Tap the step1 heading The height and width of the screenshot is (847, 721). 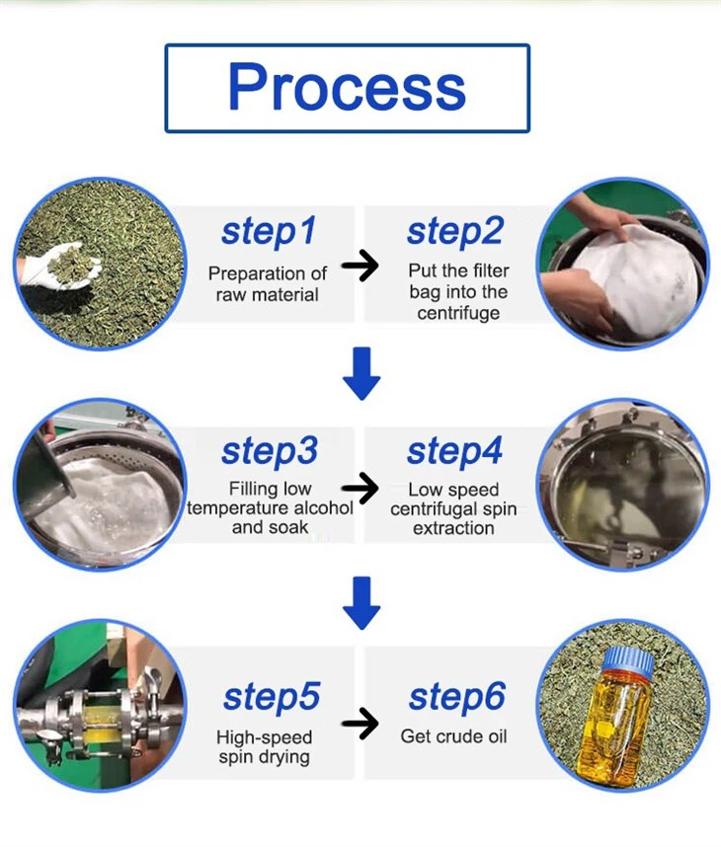click(x=269, y=232)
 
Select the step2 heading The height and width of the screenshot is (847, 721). click(x=454, y=232)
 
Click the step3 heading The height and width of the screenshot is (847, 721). click(x=269, y=451)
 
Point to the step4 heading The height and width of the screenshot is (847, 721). click(x=454, y=451)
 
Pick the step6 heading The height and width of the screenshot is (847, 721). click(x=456, y=696)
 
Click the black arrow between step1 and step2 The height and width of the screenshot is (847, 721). click(x=361, y=266)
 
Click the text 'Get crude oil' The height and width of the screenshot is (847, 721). click(x=453, y=736)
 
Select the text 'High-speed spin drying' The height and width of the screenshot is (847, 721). click(x=264, y=747)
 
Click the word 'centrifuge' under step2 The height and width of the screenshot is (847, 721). click(x=458, y=313)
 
